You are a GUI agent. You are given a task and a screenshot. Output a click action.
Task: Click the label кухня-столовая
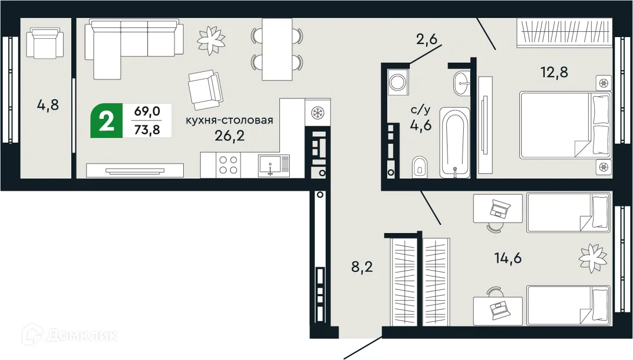(229, 121)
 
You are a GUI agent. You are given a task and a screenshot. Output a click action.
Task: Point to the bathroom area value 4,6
(420, 125)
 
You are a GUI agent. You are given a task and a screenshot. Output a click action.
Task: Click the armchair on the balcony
(46, 43)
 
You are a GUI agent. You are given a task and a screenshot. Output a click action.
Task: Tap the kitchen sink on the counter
(274, 165)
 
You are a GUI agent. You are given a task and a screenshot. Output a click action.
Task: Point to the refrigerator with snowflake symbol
(318, 112)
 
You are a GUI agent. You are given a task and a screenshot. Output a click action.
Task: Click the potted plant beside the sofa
(210, 38)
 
